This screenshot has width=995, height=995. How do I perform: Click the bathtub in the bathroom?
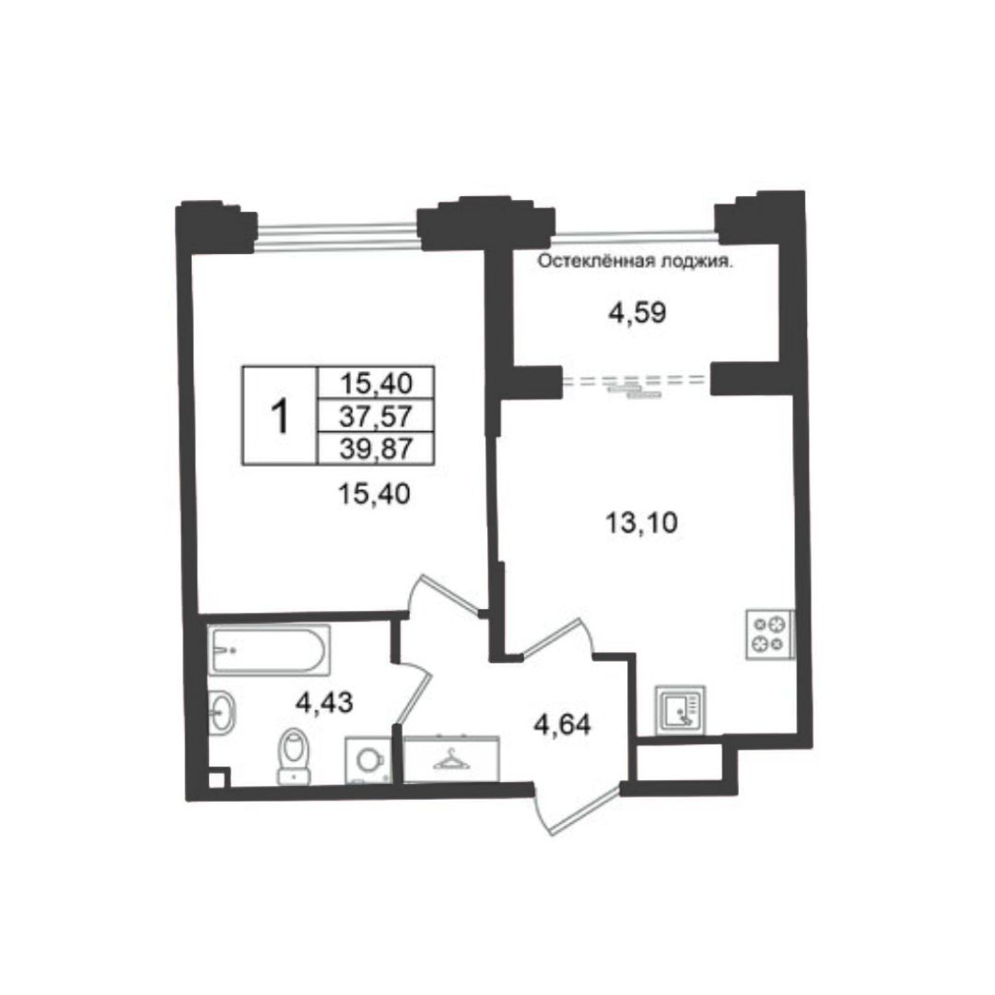point(269,650)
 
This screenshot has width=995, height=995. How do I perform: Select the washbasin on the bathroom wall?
point(221,712)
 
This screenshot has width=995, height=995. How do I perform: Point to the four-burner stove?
point(769,634)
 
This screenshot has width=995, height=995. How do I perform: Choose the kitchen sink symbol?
point(680,710)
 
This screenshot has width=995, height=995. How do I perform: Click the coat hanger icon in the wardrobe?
point(451,758)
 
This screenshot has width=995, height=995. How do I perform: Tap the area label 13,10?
point(641,523)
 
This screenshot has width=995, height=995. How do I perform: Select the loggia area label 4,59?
point(638,313)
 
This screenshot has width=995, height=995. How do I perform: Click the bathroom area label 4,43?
point(324,702)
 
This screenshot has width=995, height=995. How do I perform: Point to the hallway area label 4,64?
point(562,725)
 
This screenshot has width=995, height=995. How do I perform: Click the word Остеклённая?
point(594,262)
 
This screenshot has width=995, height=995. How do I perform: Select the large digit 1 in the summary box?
point(279,416)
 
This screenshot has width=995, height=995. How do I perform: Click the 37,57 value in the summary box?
point(376,416)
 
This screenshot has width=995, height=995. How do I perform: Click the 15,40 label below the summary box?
point(374,493)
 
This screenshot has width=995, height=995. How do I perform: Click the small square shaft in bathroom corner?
point(217,778)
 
